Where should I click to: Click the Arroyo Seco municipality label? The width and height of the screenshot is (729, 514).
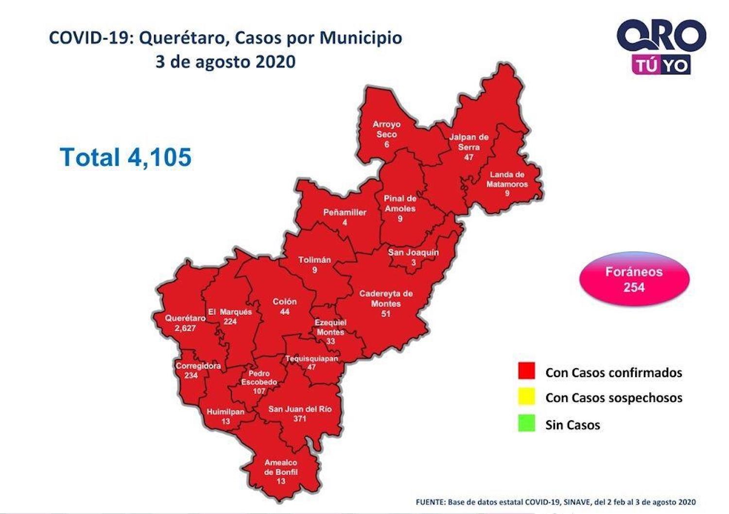tap(386, 129)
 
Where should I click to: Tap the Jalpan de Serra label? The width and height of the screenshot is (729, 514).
tap(469, 142)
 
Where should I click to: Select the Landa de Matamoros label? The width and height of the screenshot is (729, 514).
tap(507, 179)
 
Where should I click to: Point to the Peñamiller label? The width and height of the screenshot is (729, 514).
tap(345, 212)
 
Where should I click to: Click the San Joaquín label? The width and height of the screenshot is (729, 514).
tap(413, 252)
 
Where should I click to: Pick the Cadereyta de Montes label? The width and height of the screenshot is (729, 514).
tap(386, 298)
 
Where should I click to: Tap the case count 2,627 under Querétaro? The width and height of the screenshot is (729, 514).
tap(185, 328)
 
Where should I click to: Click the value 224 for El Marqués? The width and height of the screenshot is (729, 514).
tap(230, 322)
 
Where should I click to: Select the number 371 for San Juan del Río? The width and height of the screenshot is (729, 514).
tap(299, 419)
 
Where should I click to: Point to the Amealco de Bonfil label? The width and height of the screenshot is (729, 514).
tap(281, 467)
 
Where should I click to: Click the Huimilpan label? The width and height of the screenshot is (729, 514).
tap(226, 411)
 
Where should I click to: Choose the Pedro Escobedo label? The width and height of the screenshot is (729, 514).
tap(259, 377)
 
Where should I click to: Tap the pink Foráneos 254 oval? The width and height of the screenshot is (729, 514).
tap(634, 279)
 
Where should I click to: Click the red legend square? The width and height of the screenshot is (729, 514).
tap(526, 371)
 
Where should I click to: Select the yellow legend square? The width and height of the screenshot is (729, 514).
tap(526, 396)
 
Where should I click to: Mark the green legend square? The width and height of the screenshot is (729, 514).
tap(526, 423)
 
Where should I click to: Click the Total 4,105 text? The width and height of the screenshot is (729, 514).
tap(126, 157)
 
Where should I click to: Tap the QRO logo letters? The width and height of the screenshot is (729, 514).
tap(661, 35)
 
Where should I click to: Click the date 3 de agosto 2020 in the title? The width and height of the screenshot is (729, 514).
tap(226, 62)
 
